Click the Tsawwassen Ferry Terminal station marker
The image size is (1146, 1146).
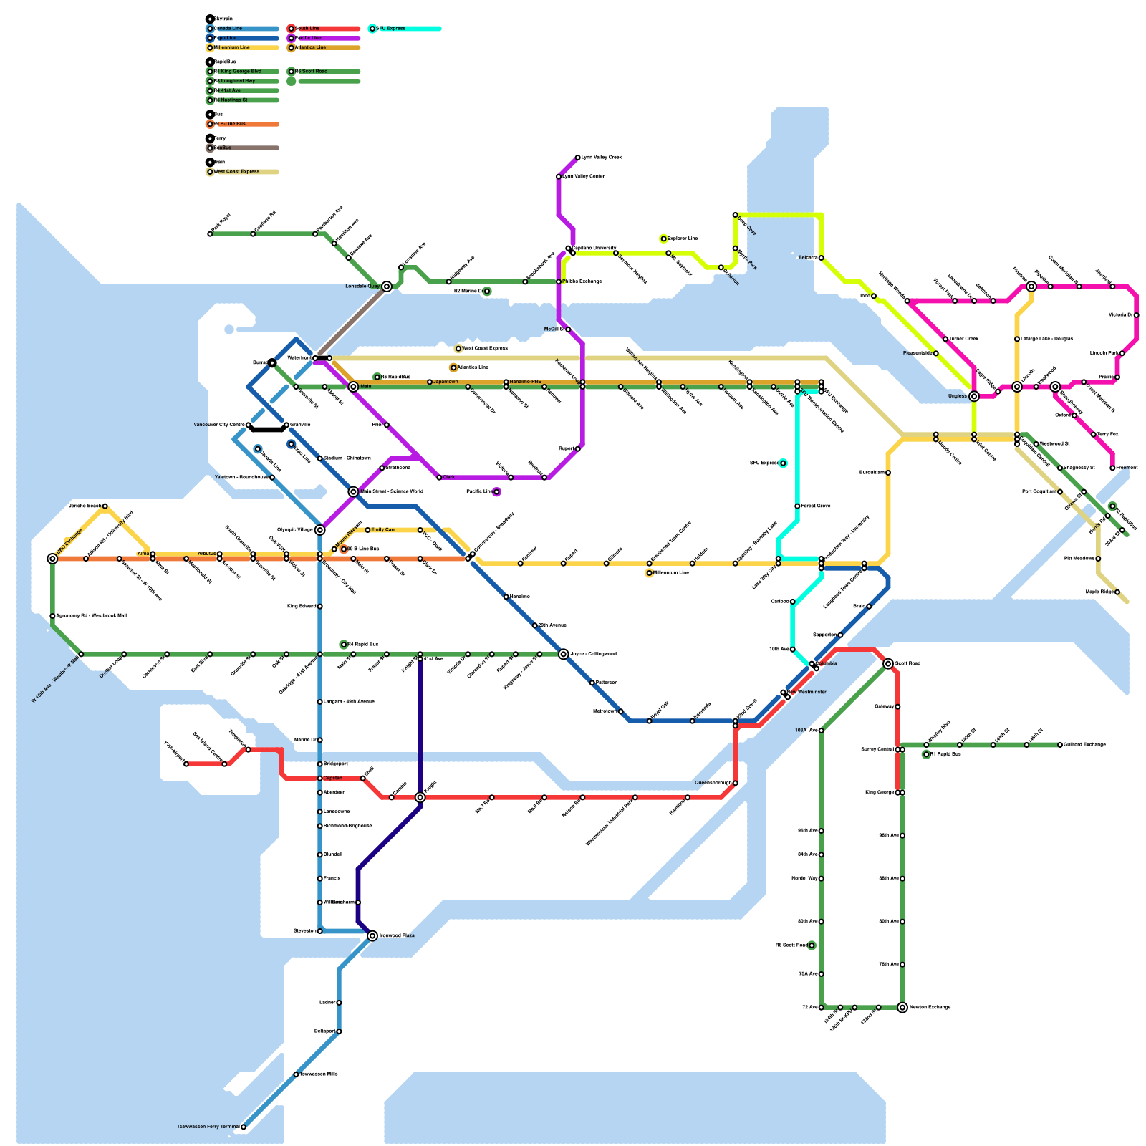[x=244, y=1127]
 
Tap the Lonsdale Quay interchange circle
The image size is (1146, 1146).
[x=387, y=286]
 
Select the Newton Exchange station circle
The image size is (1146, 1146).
[x=902, y=1008]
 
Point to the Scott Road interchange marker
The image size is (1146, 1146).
[x=888, y=664]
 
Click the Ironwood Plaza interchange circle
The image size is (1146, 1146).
[x=372, y=936]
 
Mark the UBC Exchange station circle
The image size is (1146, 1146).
[x=52, y=559]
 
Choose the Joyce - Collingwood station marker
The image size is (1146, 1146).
[x=564, y=654]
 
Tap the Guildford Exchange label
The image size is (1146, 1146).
[x=1085, y=745]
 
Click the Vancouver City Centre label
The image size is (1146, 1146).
[x=219, y=425]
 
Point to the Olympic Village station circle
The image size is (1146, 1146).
[x=320, y=530]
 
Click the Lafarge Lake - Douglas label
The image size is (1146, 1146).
[x=1046, y=339]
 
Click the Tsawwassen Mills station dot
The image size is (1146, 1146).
[x=296, y=1074]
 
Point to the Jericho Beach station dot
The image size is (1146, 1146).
[x=105, y=506]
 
